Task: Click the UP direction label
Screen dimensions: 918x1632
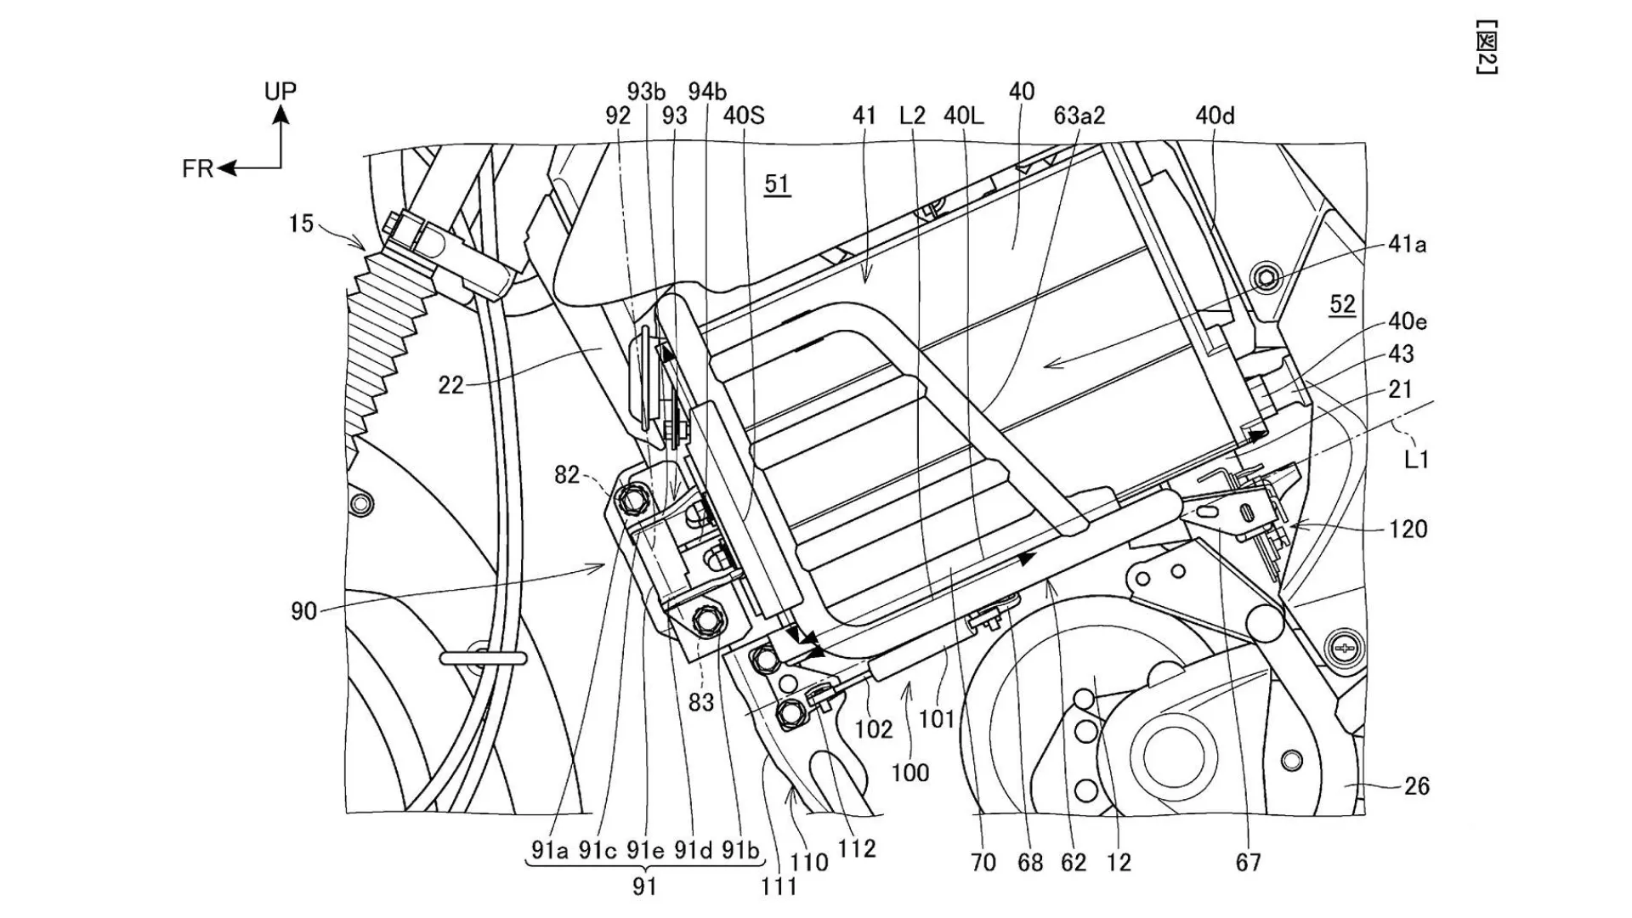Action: tap(280, 91)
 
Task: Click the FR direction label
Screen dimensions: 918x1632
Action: tap(197, 169)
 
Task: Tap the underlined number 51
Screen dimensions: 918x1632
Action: tap(777, 184)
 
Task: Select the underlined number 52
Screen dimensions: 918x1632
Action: tap(1342, 304)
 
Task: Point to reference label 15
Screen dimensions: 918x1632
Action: tap(301, 224)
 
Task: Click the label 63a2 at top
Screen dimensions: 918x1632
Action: tap(1079, 116)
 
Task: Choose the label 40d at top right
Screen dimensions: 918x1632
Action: tap(1215, 116)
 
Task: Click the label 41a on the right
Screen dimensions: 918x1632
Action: tap(1407, 245)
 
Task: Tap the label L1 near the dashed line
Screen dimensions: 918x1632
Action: tap(1416, 460)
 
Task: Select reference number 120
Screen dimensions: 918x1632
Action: tap(1408, 530)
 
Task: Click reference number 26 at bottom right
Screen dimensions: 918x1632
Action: tap(1416, 786)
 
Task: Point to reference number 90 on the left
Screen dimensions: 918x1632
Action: tap(303, 611)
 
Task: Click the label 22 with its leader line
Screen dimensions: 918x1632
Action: tap(450, 386)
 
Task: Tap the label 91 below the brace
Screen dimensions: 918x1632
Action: tap(644, 887)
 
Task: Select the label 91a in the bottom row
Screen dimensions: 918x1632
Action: tap(550, 849)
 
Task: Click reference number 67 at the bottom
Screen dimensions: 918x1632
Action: tap(1248, 863)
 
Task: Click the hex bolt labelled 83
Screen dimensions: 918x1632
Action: tap(705, 620)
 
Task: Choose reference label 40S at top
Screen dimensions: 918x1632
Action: tap(744, 116)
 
